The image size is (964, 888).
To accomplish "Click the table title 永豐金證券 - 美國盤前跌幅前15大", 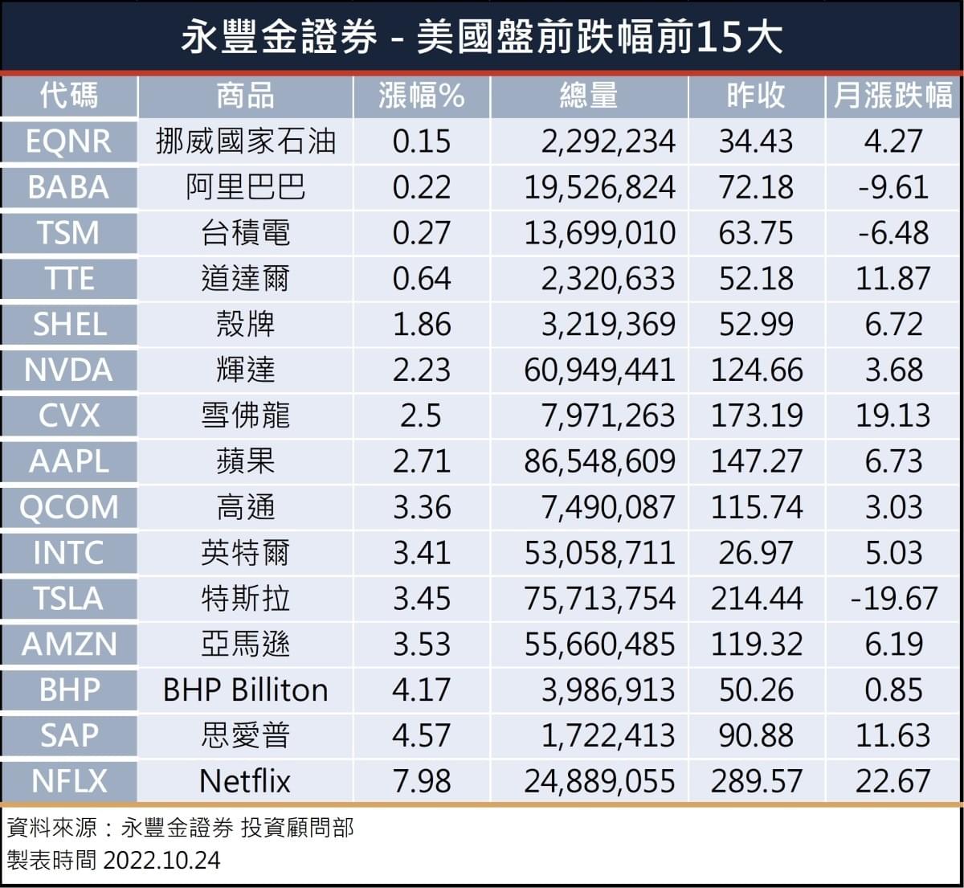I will tap(481, 37).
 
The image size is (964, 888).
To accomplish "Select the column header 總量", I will tap(589, 96).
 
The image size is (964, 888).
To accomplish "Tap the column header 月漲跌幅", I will tap(893, 96).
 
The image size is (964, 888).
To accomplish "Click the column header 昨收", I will tap(755, 96).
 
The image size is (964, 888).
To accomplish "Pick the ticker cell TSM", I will tap(68, 233).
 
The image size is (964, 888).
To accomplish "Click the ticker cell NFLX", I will tap(68, 781).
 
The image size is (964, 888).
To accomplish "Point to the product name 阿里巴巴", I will tap(245, 187).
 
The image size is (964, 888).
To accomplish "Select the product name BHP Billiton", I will tap(245, 690).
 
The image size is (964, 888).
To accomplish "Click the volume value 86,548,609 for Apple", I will tap(599, 461).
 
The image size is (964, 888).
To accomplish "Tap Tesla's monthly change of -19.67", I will tap(893, 599).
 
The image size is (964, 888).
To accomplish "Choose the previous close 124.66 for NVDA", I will tap(756, 370).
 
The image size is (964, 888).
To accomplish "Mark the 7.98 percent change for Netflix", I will tap(422, 781).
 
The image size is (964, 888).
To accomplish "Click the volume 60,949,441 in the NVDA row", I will tap(599, 370).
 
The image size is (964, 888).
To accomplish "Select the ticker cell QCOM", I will tap(68, 507).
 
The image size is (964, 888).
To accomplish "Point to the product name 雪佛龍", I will tap(245, 415).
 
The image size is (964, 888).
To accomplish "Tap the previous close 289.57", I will tap(756, 781).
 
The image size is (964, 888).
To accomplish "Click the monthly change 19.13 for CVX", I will tap(893, 415).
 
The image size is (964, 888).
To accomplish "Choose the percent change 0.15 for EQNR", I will tap(422, 141).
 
